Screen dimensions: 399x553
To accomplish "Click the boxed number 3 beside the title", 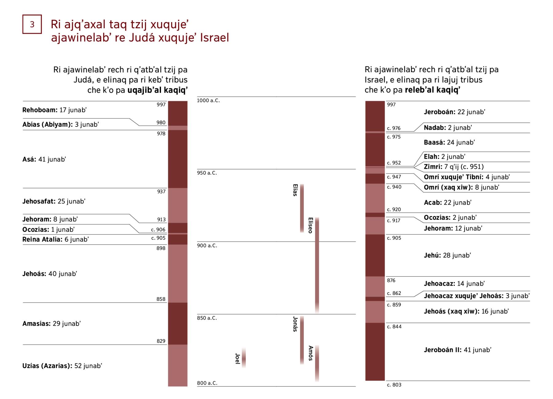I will tap(32, 24).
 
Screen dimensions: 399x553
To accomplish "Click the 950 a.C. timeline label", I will tap(207, 173).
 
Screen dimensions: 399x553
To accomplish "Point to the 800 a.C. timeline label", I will tap(207, 383).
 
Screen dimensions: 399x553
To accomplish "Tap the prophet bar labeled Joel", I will tap(244, 358).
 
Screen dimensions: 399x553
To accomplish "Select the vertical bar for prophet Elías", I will tap(302, 208).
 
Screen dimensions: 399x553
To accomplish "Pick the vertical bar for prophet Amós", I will tap(317, 363).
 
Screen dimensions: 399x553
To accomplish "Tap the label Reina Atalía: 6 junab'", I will tap(55, 239).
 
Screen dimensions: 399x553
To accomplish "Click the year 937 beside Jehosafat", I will tap(161, 192).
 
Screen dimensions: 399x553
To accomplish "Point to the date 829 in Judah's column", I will tap(161, 341).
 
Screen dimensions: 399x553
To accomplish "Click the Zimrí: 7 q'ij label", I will tap(453, 167).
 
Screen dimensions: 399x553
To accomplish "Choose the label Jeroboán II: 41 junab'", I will tap(457, 350).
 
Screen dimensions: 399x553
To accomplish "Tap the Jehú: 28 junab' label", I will tap(447, 255).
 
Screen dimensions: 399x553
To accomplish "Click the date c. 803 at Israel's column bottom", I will tap(394, 385).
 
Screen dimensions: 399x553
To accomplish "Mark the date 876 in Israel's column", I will tap(391, 281).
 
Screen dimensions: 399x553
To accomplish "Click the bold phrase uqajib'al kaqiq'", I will tap(157, 90).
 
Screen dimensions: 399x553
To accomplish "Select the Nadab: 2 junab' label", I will tap(448, 128).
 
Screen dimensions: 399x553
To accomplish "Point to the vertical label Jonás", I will tap(295, 324).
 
